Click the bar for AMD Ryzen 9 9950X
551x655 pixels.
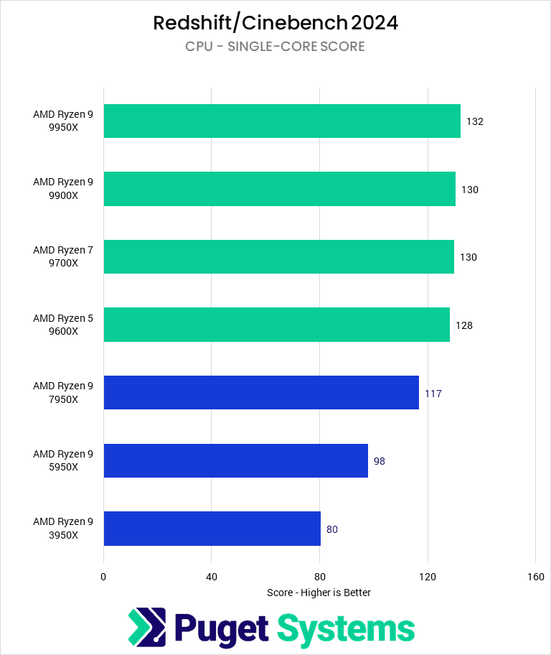pos(282,121)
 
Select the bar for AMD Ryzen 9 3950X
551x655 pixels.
pos(212,529)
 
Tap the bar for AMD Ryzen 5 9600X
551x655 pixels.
pos(276,325)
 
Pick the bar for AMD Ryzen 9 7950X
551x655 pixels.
pos(261,393)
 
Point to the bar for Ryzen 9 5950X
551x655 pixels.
pos(235,460)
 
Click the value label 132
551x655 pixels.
pos(475,121)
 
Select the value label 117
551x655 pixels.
pos(433,394)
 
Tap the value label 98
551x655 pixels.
pos(380,461)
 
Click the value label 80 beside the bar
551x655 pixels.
pos(331,529)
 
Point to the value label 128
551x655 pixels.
pos(464,325)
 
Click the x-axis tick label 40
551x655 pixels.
pos(212,577)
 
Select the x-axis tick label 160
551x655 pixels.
pos(535,577)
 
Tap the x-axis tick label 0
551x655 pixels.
pos(104,577)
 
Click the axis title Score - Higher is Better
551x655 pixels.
pos(319,593)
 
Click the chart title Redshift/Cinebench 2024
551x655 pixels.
pos(275,23)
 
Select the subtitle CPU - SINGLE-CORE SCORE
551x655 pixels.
pos(275,47)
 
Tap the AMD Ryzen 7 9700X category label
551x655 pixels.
pos(63,256)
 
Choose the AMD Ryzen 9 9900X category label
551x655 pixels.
pos(63,189)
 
